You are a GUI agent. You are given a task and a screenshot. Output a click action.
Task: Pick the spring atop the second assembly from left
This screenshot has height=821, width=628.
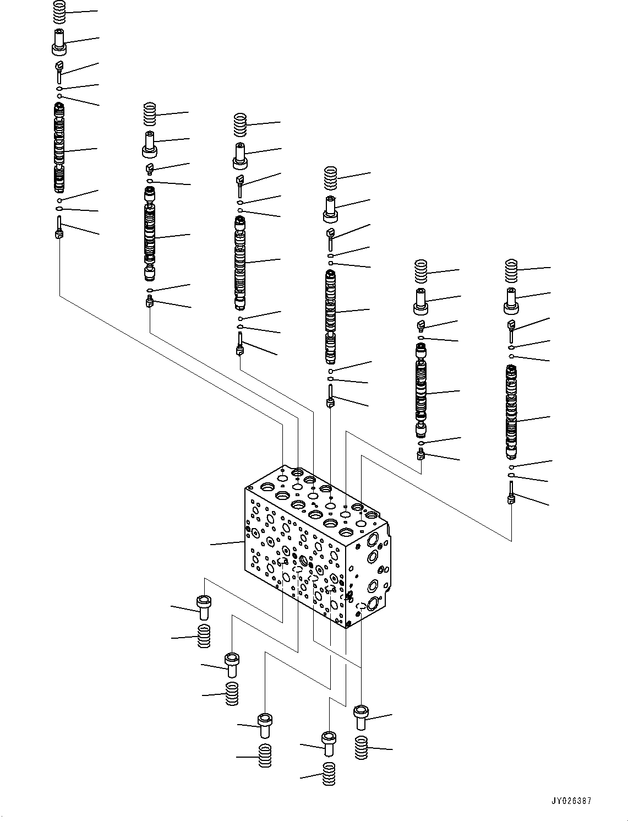pyautogui.click(x=150, y=115)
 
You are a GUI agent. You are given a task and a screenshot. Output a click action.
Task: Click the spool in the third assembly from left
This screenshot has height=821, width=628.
pyautogui.click(x=239, y=263)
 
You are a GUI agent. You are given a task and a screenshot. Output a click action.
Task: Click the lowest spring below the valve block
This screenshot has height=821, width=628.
pyautogui.click(x=329, y=775)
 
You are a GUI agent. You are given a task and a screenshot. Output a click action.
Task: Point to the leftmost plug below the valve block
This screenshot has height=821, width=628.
pyautogui.click(x=204, y=606)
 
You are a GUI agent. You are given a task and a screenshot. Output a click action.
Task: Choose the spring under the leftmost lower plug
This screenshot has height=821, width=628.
pyautogui.click(x=204, y=637)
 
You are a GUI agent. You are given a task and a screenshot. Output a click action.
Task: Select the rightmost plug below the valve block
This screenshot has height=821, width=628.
pyautogui.click(x=361, y=716)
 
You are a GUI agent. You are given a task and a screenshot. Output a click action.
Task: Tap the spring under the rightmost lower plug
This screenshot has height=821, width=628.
pyautogui.click(x=361, y=748)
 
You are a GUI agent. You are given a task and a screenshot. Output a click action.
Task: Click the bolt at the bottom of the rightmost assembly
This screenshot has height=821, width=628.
pyautogui.click(x=511, y=493)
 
